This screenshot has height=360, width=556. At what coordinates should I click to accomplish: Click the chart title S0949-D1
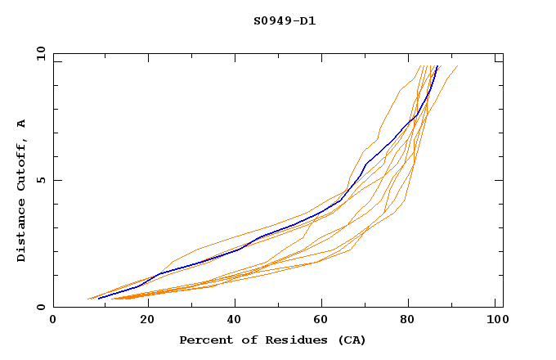(x=285, y=20)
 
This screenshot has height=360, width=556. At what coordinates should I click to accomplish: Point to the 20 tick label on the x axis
(x=141, y=320)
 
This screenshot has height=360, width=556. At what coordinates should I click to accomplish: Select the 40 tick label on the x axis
(x=231, y=320)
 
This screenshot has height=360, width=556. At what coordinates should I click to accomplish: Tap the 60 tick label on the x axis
(x=319, y=320)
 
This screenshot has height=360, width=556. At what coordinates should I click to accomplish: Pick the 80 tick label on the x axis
(x=407, y=320)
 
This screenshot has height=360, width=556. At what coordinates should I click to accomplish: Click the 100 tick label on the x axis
(x=496, y=320)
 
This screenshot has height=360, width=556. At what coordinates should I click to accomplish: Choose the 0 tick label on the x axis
(x=53, y=320)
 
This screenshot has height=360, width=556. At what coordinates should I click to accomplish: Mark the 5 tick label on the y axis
(x=40, y=180)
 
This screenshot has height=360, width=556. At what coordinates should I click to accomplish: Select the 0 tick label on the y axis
(x=40, y=307)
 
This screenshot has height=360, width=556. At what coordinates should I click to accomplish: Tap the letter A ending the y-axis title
(x=21, y=123)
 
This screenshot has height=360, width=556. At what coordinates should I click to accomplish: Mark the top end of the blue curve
(x=438, y=65)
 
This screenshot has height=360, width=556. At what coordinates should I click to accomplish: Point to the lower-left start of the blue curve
(x=98, y=298)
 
